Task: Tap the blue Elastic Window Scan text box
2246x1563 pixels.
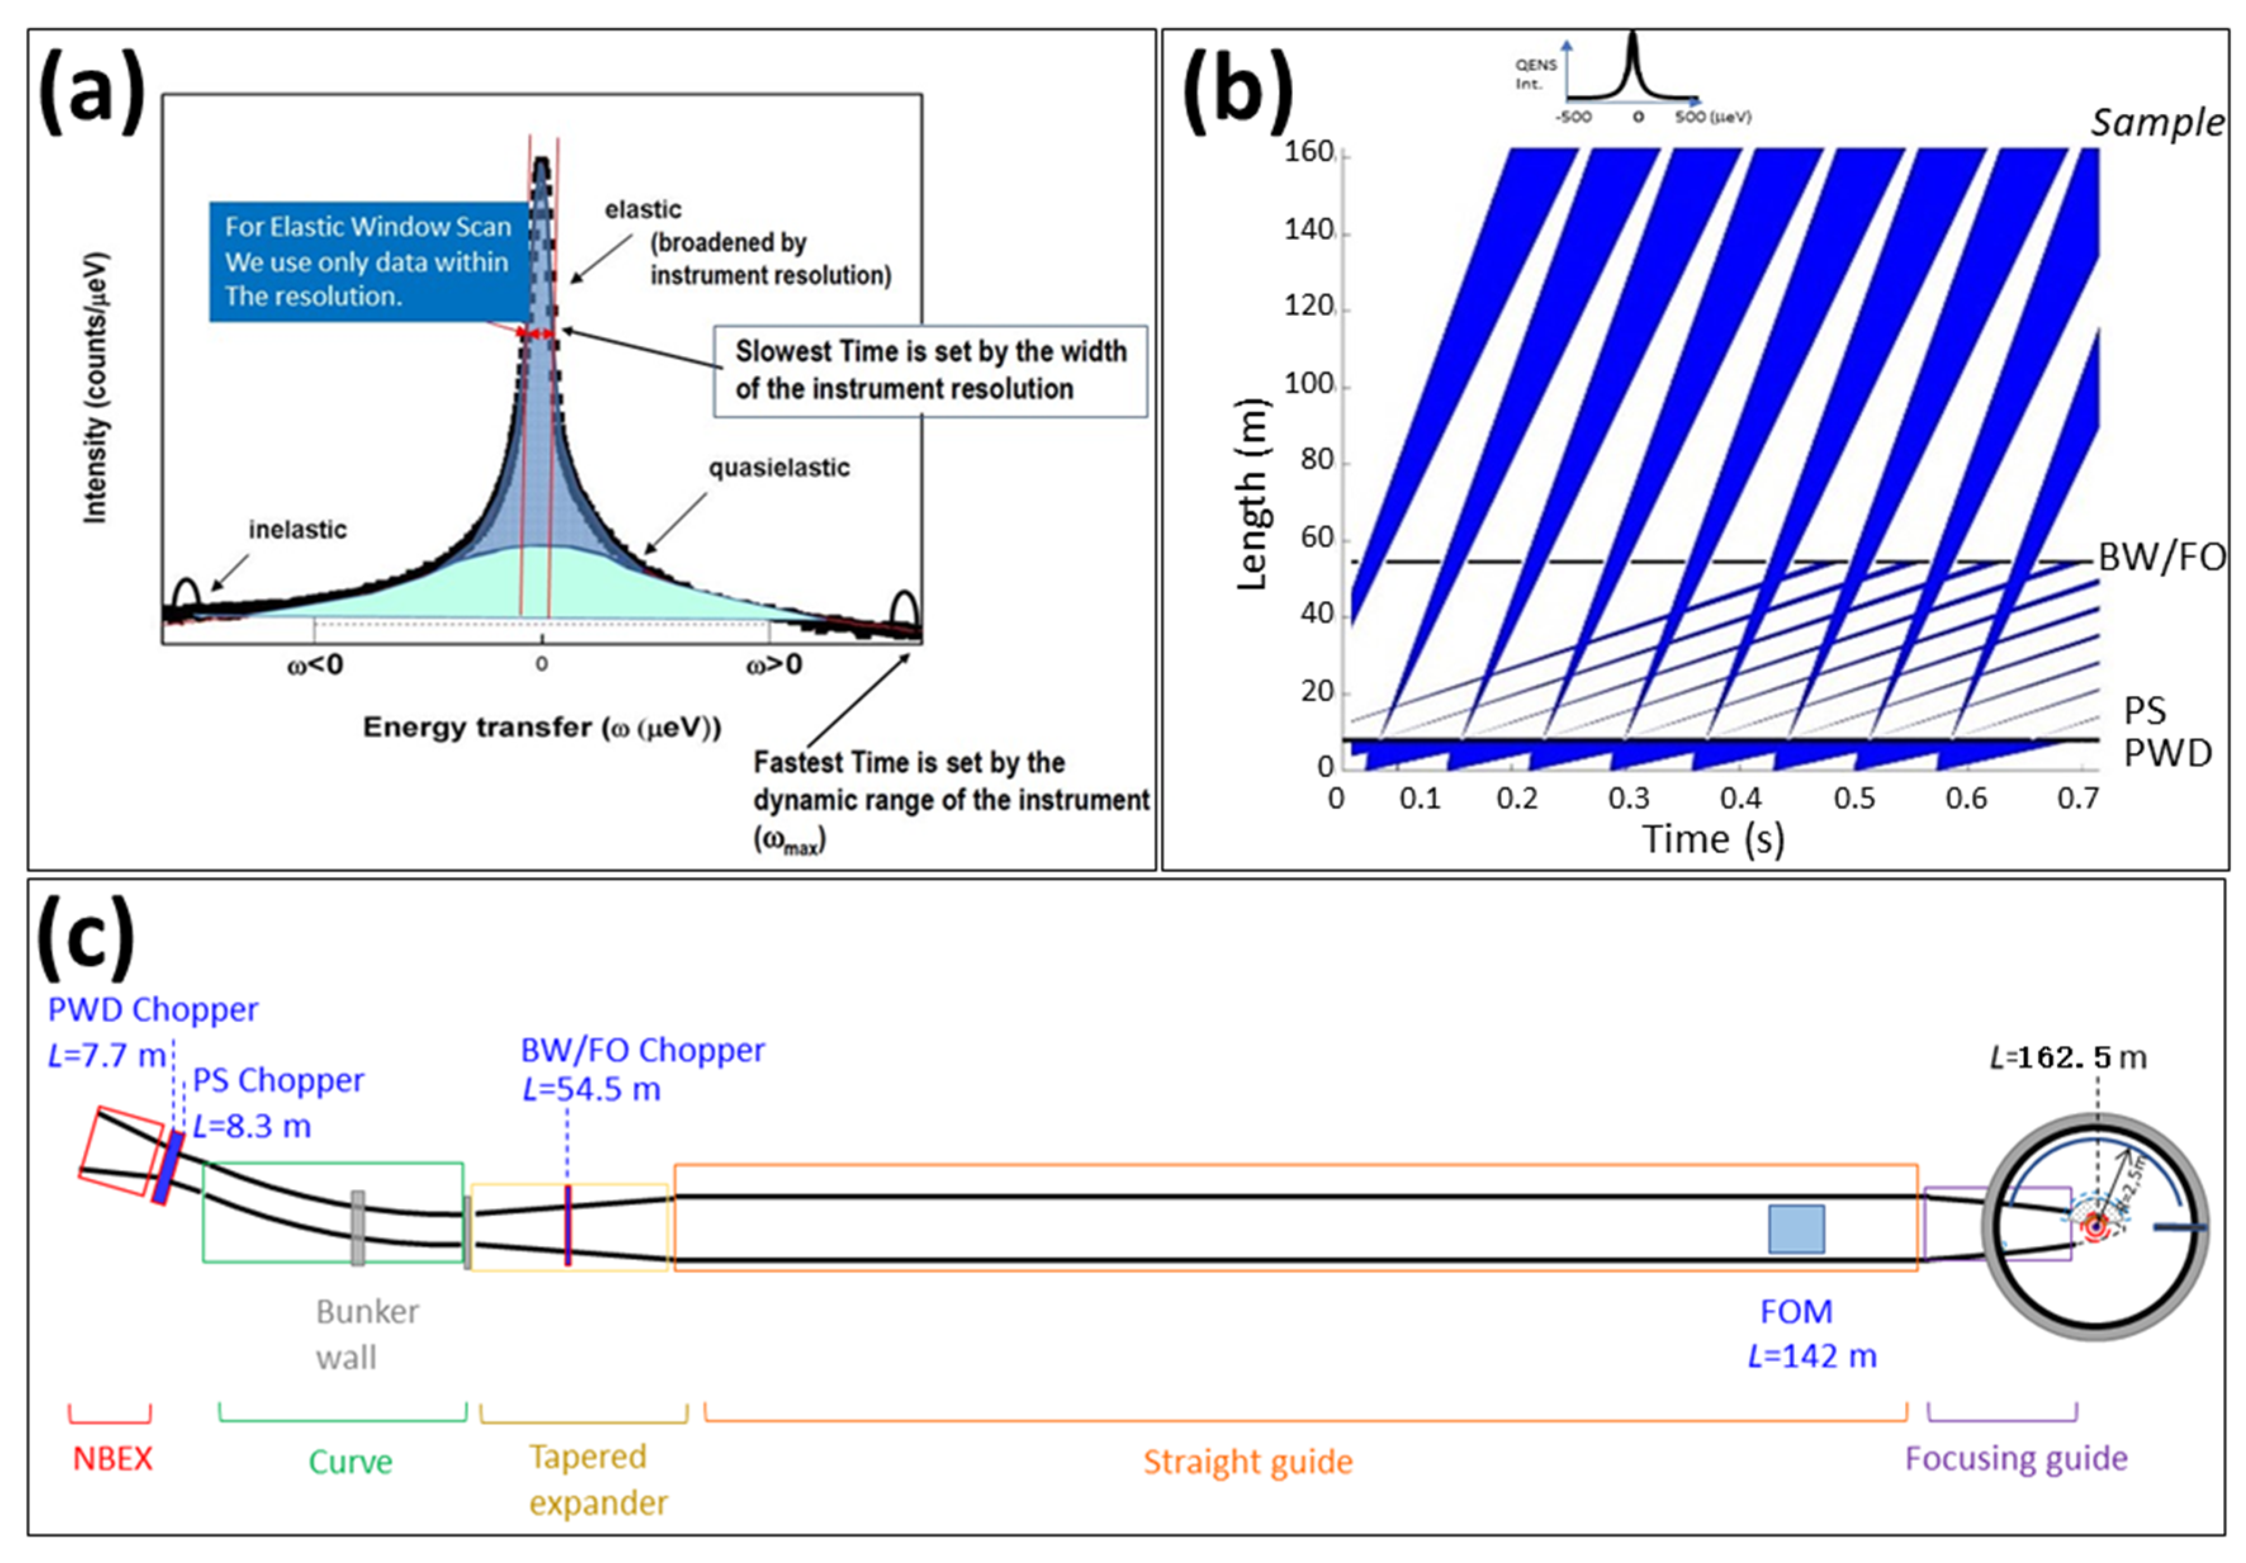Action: [367, 261]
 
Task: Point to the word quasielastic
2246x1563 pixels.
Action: [779, 468]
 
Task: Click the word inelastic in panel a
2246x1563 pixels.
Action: [297, 529]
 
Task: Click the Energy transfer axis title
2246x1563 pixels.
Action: [542, 728]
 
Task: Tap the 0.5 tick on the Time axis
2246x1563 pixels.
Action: [1854, 799]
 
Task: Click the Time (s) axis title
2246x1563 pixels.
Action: [1713, 839]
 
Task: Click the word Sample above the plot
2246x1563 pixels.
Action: [2157, 123]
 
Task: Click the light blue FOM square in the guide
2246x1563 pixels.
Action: [1796, 1228]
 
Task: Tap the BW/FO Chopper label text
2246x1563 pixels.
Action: [642, 1050]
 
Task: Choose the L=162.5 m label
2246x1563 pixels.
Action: [2068, 1057]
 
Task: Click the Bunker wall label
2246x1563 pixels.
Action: [367, 1334]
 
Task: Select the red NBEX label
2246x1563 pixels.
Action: [113, 1459]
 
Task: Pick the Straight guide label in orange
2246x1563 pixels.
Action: [1248, 1462]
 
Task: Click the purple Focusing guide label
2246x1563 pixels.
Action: [2016, 1458]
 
